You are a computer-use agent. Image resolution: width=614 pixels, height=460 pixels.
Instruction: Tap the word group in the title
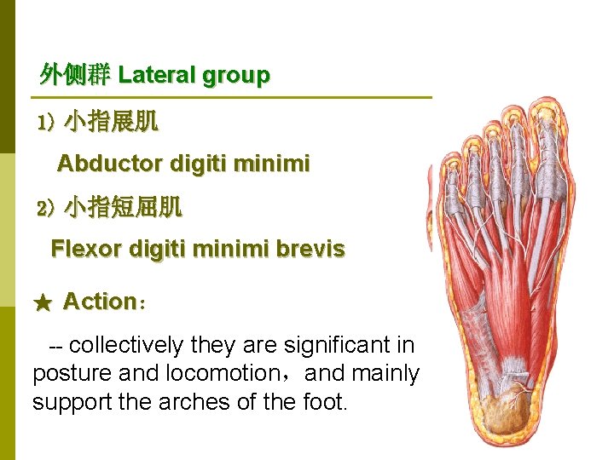[x=235, y=76]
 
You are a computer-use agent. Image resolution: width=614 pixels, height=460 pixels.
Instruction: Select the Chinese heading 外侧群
[x=75, y=76]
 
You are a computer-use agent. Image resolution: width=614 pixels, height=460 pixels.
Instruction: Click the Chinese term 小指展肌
[x=112, y=122]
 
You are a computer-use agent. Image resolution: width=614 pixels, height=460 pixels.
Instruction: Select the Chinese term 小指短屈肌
[x=124, y=206]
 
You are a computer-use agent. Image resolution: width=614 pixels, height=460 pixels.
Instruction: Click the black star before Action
[x=43, y=302]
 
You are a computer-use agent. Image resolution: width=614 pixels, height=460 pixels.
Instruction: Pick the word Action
[x=100, y=302]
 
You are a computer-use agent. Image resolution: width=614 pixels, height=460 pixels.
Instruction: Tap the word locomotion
[x=222, y=373]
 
